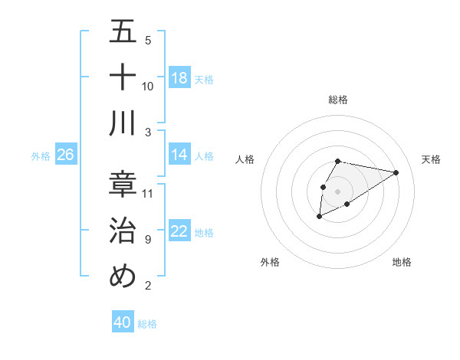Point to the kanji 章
coord(123,185)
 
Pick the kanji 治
coord(123,231)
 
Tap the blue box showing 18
coord(179,77)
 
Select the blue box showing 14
coord(179,155)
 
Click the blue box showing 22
coord(179,231)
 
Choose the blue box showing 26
coord(66,155)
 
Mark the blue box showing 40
coord(123,322)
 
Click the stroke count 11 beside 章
coord(148,193)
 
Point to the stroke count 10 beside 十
coord(148,86)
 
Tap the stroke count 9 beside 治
coord(148,239)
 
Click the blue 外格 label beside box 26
coord(41,155)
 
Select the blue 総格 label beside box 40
coord(147,324)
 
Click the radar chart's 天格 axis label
coord(431,159)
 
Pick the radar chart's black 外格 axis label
coord(270,262)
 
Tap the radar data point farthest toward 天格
coord(396,172)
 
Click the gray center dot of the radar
coord(337,190)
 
